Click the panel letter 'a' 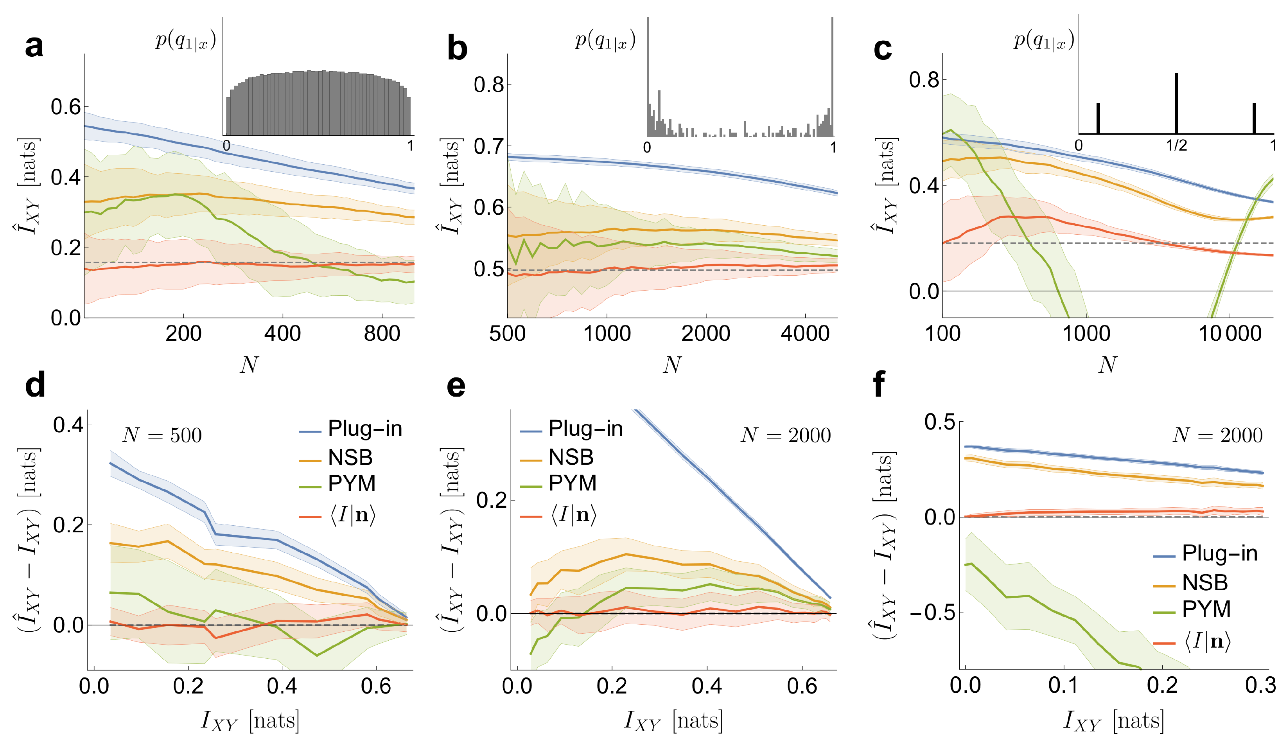coord(34,47)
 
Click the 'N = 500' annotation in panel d coord(162,435)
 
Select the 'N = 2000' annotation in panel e coord(786,435)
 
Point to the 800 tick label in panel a coord(382,334)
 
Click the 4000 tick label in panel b coord(805,334)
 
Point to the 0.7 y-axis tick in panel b coord(489,147)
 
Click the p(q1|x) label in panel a coord(185,40)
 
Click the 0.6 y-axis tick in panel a coord(66,107)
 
